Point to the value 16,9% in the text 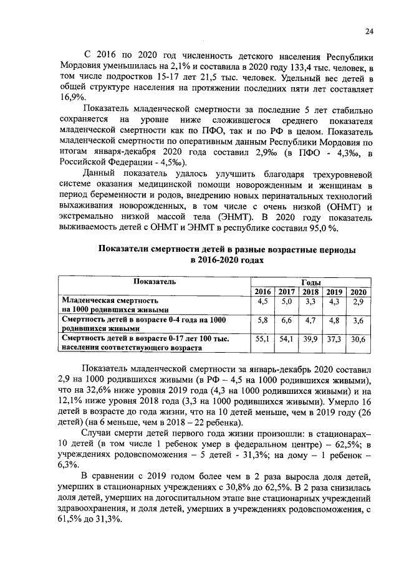tap(73, 97)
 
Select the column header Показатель tap(154, 282)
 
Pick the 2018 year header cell tap(310, 292)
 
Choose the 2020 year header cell tap(358, 292)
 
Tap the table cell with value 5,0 tap(287, 302)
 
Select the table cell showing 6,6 tap(287, 320)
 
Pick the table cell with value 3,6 tap(358, 320)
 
